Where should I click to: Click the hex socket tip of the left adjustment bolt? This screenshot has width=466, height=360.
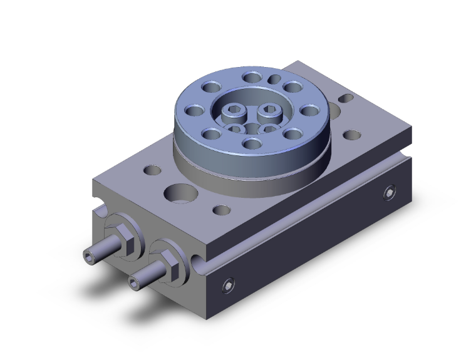click(x=88, y=254)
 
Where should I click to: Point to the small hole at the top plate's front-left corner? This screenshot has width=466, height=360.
click(x=151, y=170)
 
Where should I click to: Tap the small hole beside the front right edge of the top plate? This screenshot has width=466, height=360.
click(x=220, y=210)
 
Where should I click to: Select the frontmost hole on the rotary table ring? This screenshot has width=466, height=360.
click(x=251, y=144)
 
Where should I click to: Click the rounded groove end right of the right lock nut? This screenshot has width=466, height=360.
click(x=198, y=259)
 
